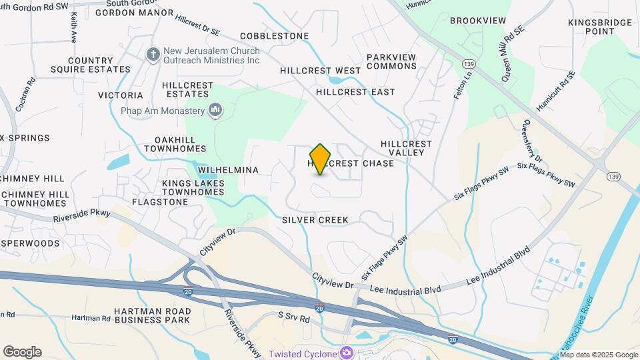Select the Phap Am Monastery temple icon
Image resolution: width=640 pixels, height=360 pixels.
tap(215, 110)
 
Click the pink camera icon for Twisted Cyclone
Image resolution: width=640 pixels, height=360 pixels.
tap(346, 353)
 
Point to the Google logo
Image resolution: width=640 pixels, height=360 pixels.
tap(22, 352)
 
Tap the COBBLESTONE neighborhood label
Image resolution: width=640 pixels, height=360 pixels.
tap(274, 35)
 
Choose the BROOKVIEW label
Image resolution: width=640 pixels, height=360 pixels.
tap(478, 21)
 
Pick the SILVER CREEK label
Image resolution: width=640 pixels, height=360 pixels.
tap(316, 219)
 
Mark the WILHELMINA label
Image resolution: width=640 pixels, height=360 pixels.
tap(228, 170)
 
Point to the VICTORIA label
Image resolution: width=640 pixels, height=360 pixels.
tap(121, 95)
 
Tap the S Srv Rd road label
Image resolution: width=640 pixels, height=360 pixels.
tap(294, 319)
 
